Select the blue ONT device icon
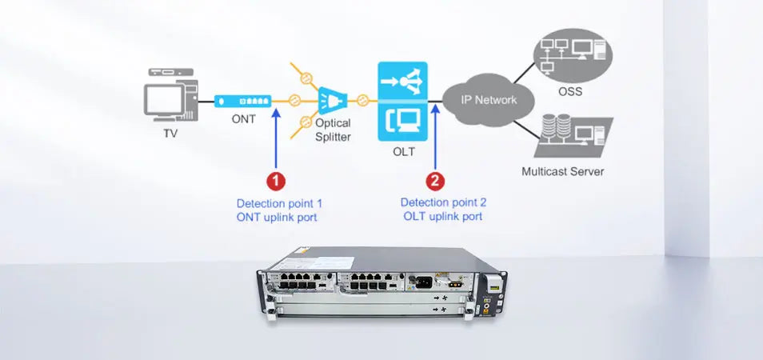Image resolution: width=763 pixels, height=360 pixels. point(242,101)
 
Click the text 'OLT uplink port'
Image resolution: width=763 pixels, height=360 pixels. point(442,216)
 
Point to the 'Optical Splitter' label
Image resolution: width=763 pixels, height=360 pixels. point(333,130)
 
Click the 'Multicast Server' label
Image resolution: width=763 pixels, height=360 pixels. point(562,171)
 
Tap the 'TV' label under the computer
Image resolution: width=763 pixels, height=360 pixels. point(170,134)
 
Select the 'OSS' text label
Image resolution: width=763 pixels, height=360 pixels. point(570,91)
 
